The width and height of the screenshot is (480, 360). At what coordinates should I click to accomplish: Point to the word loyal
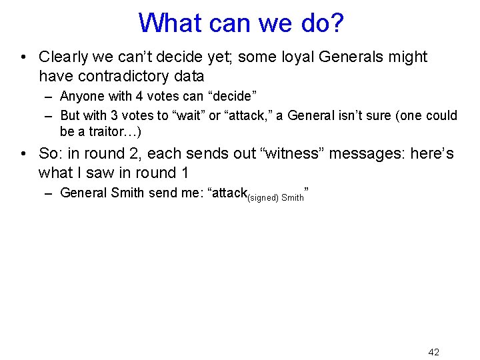click(x=298, y=57)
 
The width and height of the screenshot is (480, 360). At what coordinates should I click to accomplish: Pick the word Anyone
click(x=80, y=97)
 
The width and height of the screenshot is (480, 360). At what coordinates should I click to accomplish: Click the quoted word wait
click(x=189, y=115)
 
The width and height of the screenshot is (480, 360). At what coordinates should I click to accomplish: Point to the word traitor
click(x=107, y=131)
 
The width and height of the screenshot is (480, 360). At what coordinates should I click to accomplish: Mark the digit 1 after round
click(x=185, y=173)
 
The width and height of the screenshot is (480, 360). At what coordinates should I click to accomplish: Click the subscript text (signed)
click(x=263, y=197)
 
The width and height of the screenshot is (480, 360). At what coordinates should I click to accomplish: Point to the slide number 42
click(x=433, y=352)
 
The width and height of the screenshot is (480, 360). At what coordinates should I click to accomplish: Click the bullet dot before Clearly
click(x=23, y=58)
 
